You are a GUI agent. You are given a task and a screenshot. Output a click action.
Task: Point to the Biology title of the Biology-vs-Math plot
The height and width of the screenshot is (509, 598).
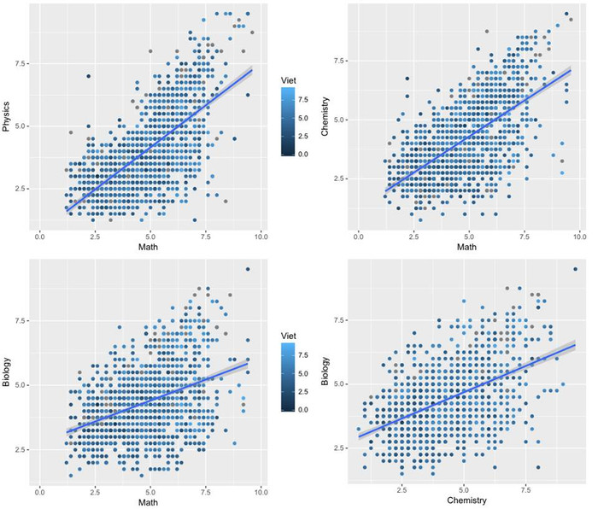point(8,372)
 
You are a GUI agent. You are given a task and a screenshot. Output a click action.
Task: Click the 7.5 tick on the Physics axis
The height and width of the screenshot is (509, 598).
point(24,63)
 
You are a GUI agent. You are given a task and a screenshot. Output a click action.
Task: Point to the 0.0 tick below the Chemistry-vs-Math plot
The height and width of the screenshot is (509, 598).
point(359,235)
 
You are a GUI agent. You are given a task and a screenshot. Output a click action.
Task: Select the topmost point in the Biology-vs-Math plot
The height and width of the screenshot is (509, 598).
point(248,269)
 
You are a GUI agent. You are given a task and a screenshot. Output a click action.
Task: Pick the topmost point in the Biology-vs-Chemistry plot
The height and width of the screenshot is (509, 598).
point(574,269)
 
